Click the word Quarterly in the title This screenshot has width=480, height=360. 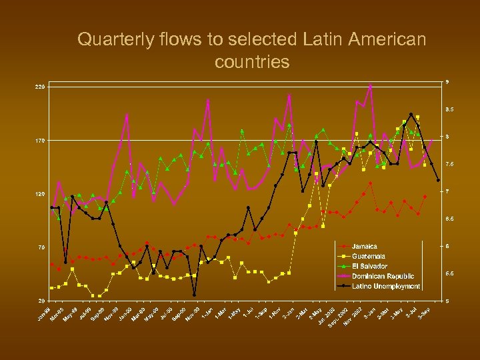(107, 40)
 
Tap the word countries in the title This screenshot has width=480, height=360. (252, 62)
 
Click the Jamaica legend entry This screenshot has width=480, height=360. (365, 247)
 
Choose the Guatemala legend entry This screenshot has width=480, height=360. (369, 256)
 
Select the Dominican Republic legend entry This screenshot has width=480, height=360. (383, 276)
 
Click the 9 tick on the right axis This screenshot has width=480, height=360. (447, 82)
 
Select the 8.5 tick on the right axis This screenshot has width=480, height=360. (450, 109)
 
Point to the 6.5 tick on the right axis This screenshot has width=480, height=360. (450, 219)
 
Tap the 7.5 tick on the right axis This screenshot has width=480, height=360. (450, 164)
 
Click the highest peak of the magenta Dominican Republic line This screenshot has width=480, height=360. (370, 85)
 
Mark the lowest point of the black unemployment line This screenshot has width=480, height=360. (194, 295)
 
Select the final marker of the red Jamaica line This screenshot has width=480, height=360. (425, 197)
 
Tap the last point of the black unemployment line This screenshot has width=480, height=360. (438, 180)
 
